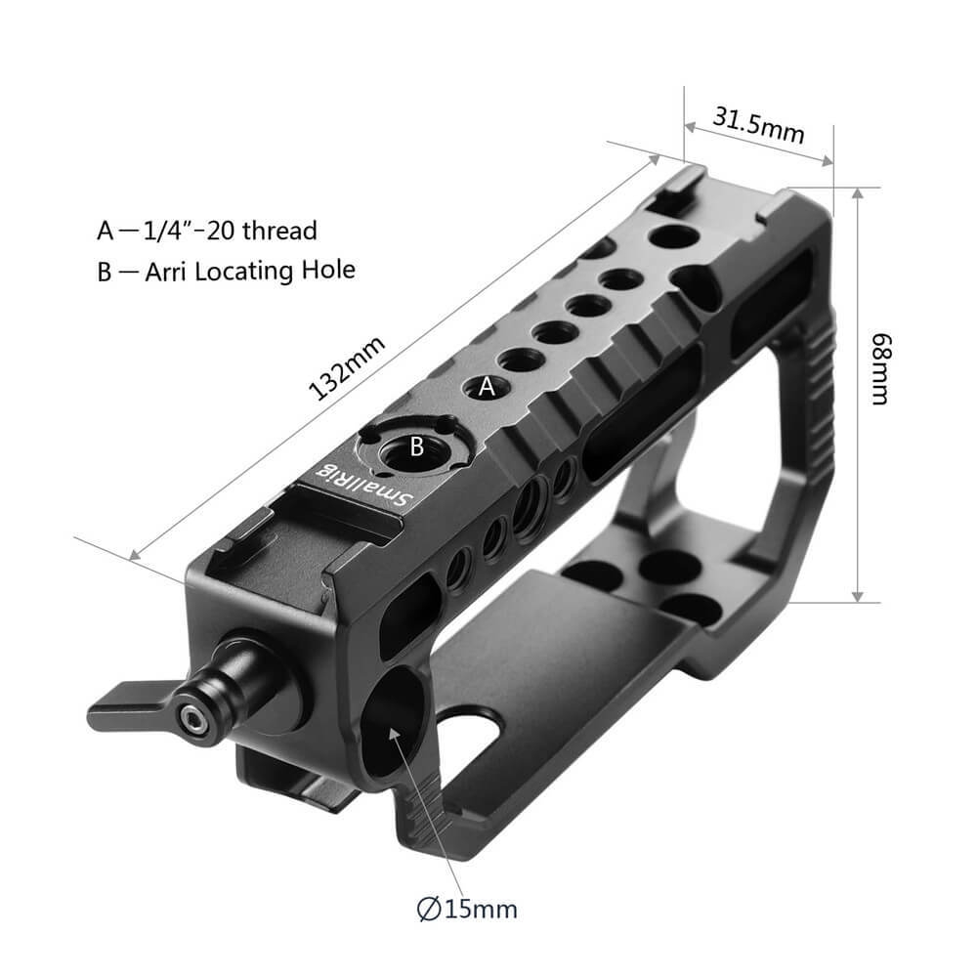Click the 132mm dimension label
pyautogui.click(x=348, y=369)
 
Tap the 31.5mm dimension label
pyautogui.click(x=758, y=125)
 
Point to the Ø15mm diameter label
pyautogui.click(x=466, y=909)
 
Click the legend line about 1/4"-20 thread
pyautogui.click(x=207, y=231)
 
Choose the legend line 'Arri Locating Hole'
pyautogui.click(x=226, y=271)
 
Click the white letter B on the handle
pyautogui.click(x=415, y=448)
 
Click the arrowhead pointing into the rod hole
pyautogui.click(x=398, y=730)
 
